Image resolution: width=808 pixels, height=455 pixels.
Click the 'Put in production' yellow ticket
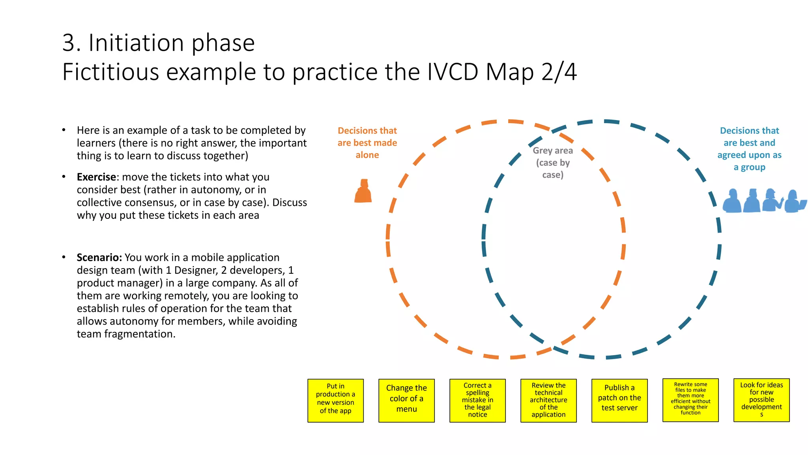pyautogui.click(x=335, y=400)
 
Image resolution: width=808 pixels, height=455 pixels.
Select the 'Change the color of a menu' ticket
pyautogui.click(x=406, y=400)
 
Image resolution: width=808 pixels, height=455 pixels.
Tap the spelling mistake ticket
pyautogui.click(x=477, y=400)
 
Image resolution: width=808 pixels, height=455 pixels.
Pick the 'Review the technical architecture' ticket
pyautogui.click(x=548, y=400)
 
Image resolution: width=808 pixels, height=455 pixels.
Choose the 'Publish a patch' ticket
pyautogui.click(x=619, y=400)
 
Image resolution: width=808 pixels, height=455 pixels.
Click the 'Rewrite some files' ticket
pyautogui.click(x=690, y=400)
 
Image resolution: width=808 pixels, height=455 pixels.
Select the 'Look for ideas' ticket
pyautogui.click(x=761, y=400)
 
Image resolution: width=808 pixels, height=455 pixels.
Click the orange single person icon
pyautogui.click(x=363, y=192)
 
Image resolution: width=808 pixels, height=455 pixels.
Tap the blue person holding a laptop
pyautogui.click(x=794, y=202)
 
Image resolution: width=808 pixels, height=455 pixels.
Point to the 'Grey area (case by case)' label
pyautogui.click(x=553, y=162)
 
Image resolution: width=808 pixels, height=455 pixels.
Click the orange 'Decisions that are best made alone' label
pyautogui.click(x=367, y=143)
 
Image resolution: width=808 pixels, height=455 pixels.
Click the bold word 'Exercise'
pyautogui.click(x=96, y=177)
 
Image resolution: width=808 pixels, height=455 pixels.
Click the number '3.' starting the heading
pyautogui.click(x=71, y=43)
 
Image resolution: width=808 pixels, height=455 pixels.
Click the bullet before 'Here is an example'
pyautogui.click(x=64, y=130)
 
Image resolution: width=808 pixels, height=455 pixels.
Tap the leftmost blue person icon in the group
pyautogui.click(x=732, y=201)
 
